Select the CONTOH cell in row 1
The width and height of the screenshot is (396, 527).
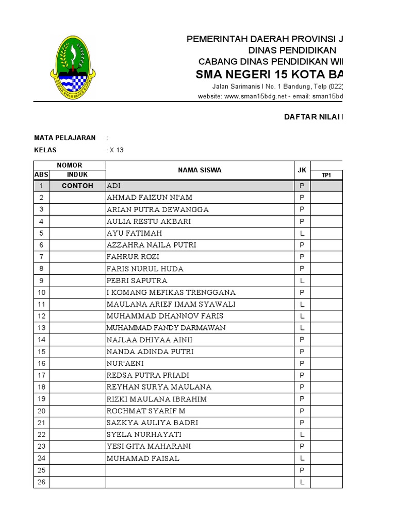pyautogui.click(x=77, y=186)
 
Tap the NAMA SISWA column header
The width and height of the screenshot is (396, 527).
pyautogui.click(x=200, y=170)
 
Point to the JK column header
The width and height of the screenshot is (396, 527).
pyautogui.click(x=302, y=170)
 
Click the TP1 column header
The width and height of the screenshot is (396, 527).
pyautogui.click(x=326, y=175)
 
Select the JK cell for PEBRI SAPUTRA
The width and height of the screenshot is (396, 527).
pyautogui.click(x=302, y=280)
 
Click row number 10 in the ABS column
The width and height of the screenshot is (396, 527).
pyautogui.click(x=41, y=292)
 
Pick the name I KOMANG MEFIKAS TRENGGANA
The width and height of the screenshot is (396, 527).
pyautogui.click(x=171, y=292)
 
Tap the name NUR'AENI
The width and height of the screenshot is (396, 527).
pyautogui.click(x=125, y=363)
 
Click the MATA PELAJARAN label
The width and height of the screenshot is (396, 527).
pyautogui.click(x=64, y=138)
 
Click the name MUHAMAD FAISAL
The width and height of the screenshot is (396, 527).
pyautogui.click(x=143, y=458)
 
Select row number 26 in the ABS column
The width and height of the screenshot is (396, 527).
pyautogui.click(x=41, y=482)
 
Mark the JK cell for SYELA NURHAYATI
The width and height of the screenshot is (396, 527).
pyautogui.click(x=302, y=434)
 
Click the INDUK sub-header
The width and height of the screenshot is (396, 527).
pyautogui.click(x=77, y=175)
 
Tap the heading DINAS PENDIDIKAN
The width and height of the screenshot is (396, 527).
pyautogui.click(x=292, y=50)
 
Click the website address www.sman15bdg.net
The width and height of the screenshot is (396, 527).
pyautogui.click(x=257, y=96)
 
